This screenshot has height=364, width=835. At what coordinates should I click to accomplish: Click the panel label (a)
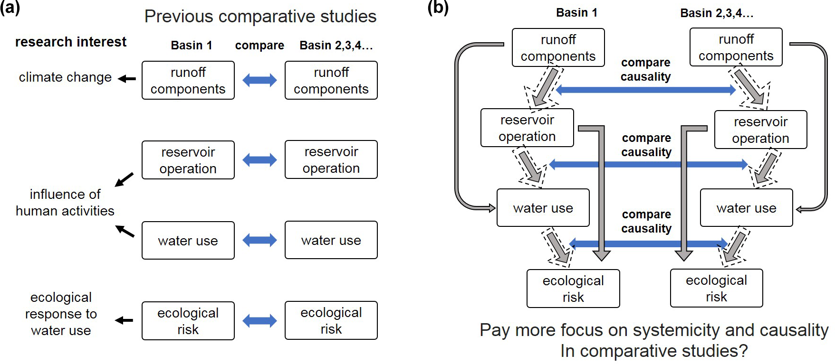coord(10,8)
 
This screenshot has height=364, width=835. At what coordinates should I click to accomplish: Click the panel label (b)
coord(438,8)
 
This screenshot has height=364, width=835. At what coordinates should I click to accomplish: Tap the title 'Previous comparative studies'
coord(260,17)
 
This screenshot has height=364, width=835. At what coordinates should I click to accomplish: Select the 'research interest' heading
coord(71,42)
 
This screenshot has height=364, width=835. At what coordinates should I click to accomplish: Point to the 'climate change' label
coord(65,77)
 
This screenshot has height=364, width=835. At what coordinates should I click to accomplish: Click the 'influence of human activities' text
coord(65,203)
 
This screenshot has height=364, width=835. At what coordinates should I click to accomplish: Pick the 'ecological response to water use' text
coord(61,314)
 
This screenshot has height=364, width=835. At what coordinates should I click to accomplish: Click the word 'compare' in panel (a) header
coord(259,46)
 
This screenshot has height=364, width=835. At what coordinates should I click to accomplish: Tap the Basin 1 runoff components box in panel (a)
coord(188,81)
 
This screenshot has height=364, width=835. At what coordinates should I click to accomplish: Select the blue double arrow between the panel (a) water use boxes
coord(259,240)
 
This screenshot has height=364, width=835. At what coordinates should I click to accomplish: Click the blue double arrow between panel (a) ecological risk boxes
coord(259,321)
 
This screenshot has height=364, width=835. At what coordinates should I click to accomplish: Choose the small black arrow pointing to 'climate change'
coord(127,79)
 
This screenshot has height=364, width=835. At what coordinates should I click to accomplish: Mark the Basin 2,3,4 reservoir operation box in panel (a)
coord(331,160)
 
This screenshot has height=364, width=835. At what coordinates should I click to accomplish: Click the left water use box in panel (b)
coord(543,208)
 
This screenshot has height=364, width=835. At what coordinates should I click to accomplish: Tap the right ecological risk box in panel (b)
coord(716,289)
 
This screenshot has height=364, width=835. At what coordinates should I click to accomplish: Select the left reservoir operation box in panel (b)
coord(527,128)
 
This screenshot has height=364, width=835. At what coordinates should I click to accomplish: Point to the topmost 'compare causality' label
coord(645,70)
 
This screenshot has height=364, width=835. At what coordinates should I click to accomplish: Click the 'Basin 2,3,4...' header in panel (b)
coord(717,13)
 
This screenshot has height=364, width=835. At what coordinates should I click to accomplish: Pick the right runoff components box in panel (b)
coord(736,47)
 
